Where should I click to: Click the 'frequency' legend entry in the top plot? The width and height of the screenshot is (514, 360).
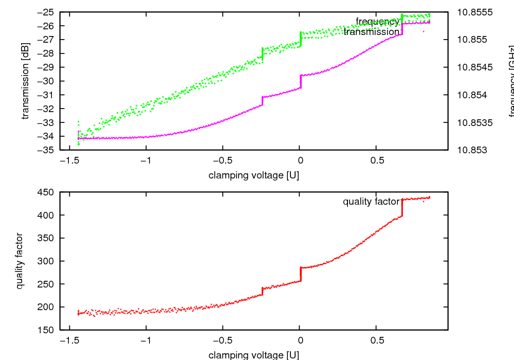click(x=377, y=21)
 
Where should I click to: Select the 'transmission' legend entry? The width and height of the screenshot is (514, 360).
click(x=371, y=32)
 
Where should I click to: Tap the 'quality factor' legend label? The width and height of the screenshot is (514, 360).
click(x=371, y=202)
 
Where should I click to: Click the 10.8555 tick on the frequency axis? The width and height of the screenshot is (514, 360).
click(x=475, y=12)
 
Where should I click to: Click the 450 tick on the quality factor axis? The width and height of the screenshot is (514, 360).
click(x=49, y=192)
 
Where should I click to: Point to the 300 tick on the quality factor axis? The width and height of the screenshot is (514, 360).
click(x=49, y=261)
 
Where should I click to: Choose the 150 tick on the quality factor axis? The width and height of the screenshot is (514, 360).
click(x=49, y=330)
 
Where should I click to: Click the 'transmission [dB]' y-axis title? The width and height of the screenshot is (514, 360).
click(x=26, y=81)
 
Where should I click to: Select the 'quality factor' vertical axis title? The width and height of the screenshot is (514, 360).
click(x=20, y=261)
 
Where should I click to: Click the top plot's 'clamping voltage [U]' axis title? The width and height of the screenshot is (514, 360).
click(x=254, y=175)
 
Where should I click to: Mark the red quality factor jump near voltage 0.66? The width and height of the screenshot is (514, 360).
click(x=402, y=207)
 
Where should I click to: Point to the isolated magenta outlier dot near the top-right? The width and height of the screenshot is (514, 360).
click(x=424, y=31)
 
